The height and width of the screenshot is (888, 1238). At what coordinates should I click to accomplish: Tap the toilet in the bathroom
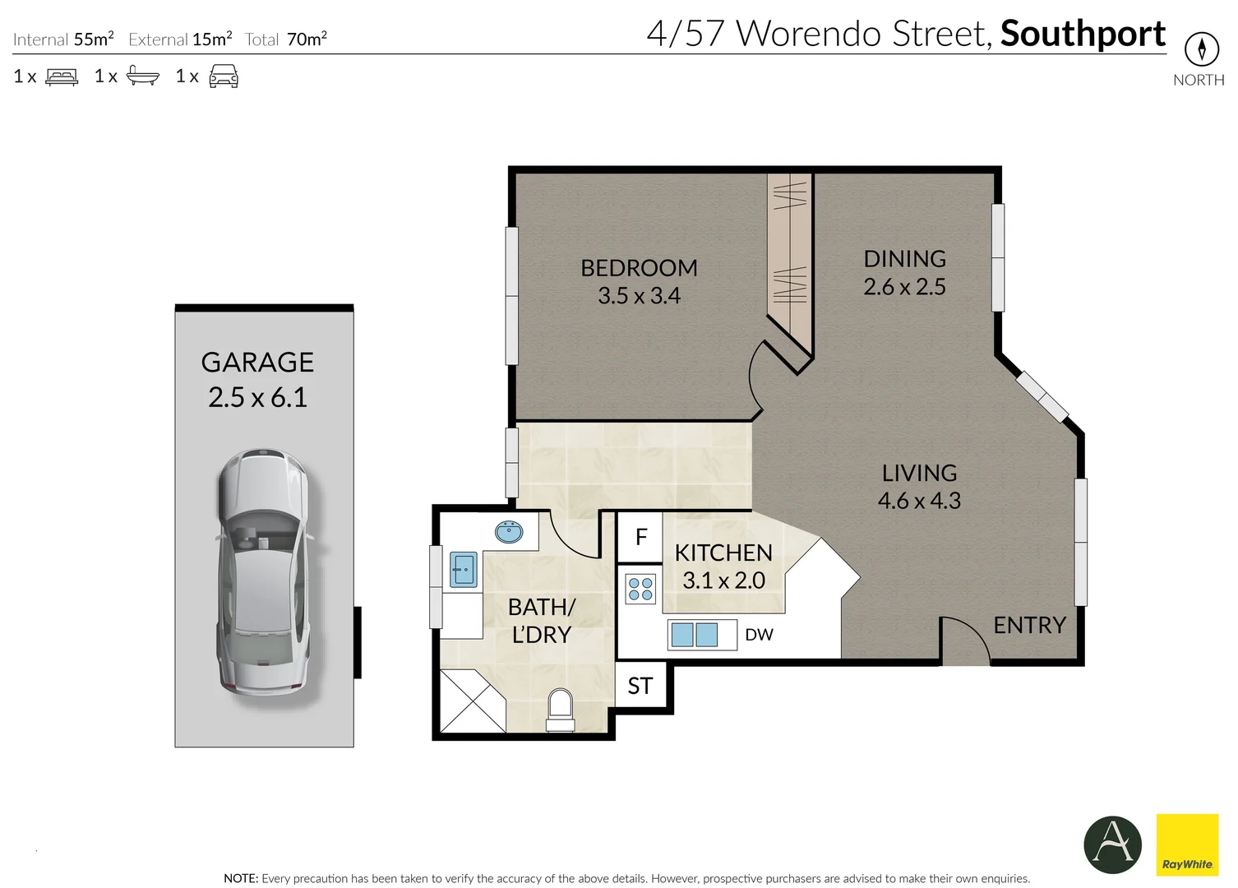[561, 710]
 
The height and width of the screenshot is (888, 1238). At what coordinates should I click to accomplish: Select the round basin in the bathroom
[509, 532]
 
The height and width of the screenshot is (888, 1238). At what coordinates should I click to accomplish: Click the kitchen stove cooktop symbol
[640, 589]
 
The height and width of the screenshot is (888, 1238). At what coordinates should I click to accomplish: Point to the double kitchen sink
[695, 635]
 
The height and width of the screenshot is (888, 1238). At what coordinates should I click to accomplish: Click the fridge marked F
[641, 538]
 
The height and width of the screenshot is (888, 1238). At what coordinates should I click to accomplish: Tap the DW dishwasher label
[759, 635]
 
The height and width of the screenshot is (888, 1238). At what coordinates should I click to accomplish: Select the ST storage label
[640, 686]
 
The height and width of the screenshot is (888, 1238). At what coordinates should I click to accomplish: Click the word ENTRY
[1029, 626]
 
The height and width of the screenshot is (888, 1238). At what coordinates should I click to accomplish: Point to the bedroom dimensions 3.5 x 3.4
[639, 296]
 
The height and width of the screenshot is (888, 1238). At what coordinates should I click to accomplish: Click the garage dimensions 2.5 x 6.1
[257, 398]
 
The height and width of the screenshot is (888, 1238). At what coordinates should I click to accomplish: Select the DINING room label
[904, 259]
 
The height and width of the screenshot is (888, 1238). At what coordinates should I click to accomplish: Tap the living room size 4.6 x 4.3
[919, 501]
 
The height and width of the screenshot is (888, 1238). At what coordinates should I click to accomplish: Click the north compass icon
[1201, 49]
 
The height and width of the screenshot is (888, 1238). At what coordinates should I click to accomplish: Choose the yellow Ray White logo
[1187, 844]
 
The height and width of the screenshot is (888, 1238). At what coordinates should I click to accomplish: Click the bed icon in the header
[62, 77]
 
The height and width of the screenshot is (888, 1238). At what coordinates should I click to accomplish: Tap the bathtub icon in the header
[142, 77]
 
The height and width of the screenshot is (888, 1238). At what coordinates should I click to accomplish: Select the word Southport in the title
[1083, 35]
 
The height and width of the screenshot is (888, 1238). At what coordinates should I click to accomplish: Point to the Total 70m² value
[307, 39]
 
